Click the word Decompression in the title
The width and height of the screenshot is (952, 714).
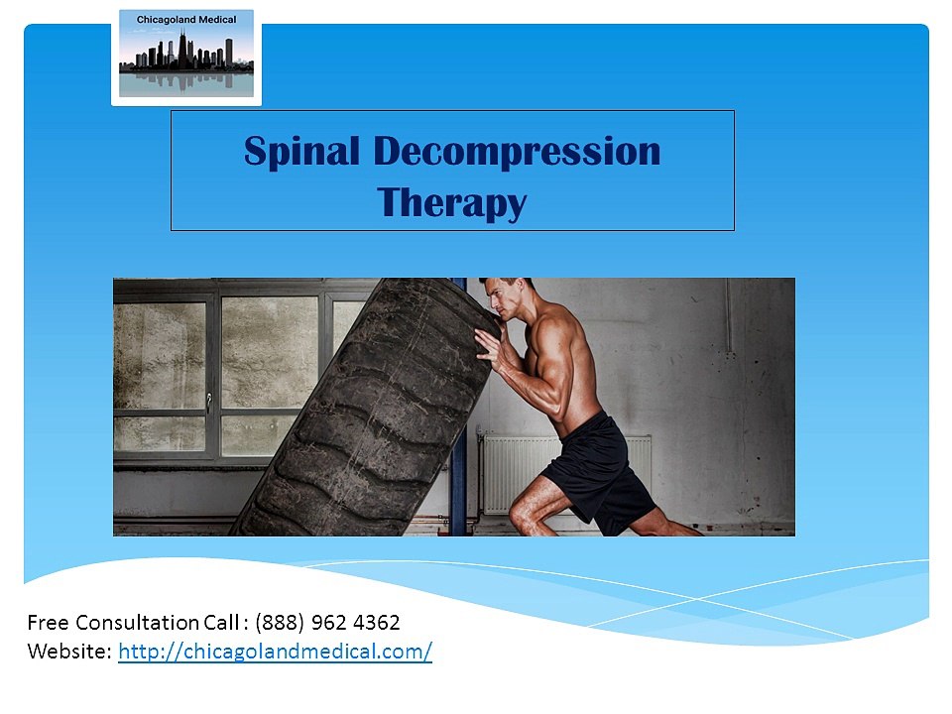coord(517,153)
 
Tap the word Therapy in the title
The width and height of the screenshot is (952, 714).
coord(452,202)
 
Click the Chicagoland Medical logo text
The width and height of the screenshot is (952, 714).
coord(186,20)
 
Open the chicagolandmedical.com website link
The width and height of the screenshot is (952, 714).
coord(275,652)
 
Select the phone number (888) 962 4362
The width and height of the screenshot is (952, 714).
coord(327,623)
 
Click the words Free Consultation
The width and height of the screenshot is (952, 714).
coord(113,623)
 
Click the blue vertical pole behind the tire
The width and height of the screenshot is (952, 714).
coord(458,496)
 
